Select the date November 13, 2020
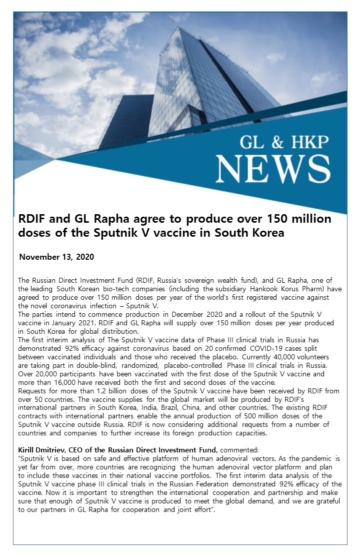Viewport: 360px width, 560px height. pyautogui.click(x=56, y=257)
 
